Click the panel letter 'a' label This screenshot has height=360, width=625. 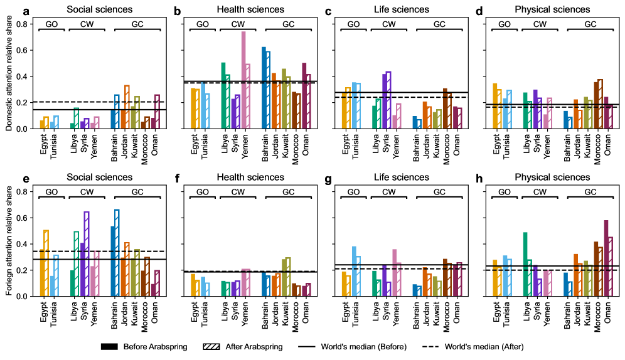pyautogui.click(x=26, y=10)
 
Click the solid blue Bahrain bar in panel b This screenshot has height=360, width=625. pyautogui.click(x=264, y=88)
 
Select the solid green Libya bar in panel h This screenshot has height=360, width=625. pyautogui.click(x=525, y=264)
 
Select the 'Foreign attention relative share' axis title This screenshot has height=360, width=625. pyautogui.click(x=8, y=243)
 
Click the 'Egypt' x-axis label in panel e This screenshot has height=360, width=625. pyautogui.click(x=44, y=310)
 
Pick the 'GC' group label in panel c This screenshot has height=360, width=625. pyautogui.click(x=439, y=24)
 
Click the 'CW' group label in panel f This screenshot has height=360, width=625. pyautogui.click(x=238, y=191)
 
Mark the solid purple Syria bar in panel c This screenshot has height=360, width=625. pyautogui.click(x=385, y=101)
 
